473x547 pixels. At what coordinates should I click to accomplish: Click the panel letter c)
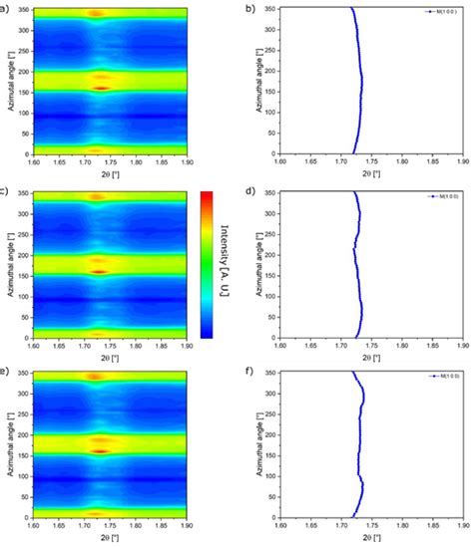(x=7, y=189)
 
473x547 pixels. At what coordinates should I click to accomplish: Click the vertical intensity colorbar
(x=207, y=264)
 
